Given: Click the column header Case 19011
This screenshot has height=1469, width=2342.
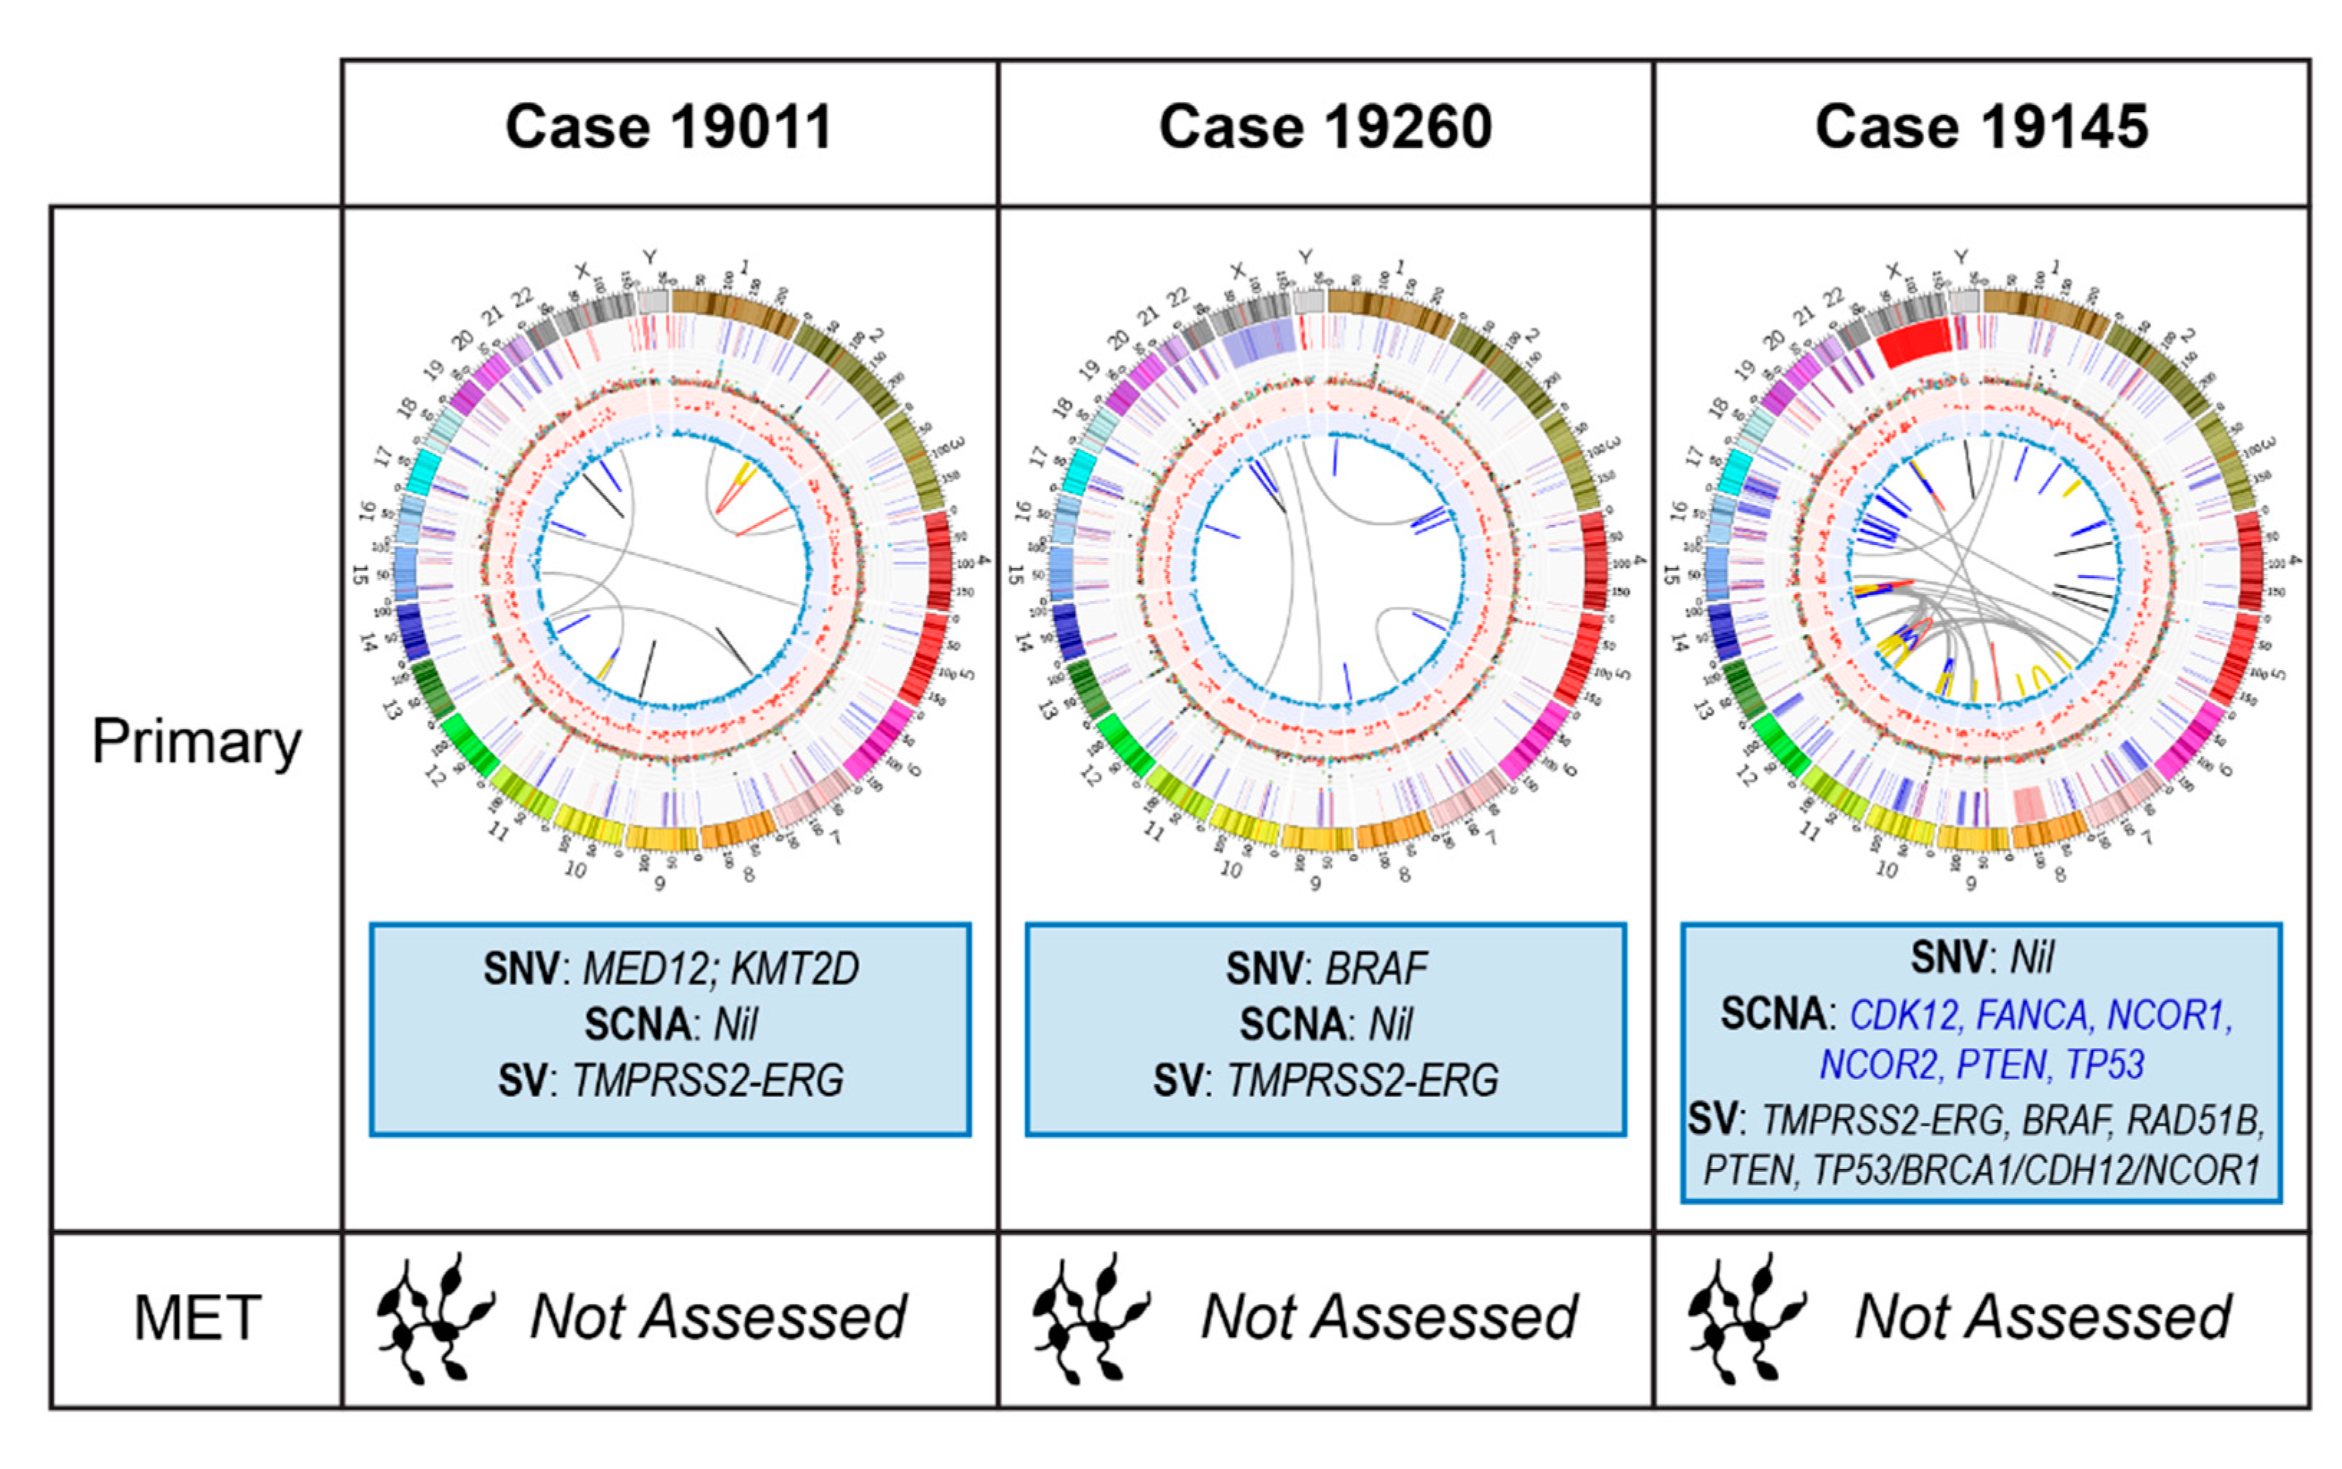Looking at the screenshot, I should pyautogui.click(x=668, y=129).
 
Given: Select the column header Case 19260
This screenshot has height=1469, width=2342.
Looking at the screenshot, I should pyautogui.click(x=1325, y=129).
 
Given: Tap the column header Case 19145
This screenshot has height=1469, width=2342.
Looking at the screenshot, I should pyautogui.click(x=1982, y=129).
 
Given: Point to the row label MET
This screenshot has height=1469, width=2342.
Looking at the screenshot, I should pyautogui.click(x=197, y=1318).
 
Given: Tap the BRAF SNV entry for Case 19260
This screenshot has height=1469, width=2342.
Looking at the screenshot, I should pyautogui.click(x=1378, y=969).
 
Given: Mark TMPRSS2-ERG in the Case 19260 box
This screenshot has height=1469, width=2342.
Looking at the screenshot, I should pyautogui.click(x=1362, y=1081).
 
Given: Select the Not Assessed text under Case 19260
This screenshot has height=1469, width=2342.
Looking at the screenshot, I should pyautogui.click(x=1389, y=1318).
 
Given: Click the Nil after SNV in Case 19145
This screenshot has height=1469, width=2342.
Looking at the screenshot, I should pyautogui.click(x=2032, y=958).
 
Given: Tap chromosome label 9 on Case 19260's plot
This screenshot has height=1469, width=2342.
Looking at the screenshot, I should pyautogui.click(x=1315, y=883).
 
